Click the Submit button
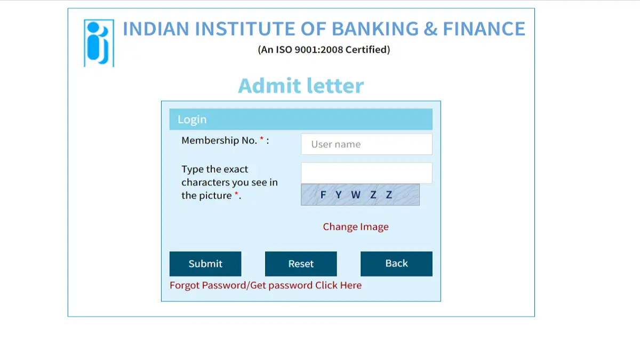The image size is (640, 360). point(205,263)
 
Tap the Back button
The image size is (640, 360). point(396,263)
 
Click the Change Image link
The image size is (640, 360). point(356,227)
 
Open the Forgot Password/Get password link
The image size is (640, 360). point(266,285)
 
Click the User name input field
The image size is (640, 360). point(366,144)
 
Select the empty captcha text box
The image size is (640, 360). point(366,173)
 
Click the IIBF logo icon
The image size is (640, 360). point(99,43)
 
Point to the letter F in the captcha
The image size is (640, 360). point(323,195)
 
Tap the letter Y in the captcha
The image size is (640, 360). point(338,195)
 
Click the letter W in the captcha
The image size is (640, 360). point(356,195)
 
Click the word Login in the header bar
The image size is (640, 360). point(192,119)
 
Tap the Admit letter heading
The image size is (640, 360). point(301,86)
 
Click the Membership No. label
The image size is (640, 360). point(219,140)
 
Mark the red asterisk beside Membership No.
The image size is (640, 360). point(262,139)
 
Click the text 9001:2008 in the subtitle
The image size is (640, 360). point(318,50)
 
